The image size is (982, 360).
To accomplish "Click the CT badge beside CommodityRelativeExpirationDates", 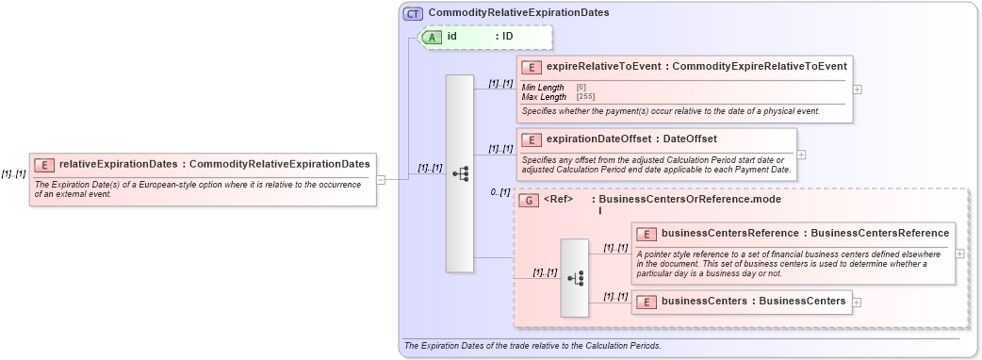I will coord(413,13).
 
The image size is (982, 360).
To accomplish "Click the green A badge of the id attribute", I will coord(432,37).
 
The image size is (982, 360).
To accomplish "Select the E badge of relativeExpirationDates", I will coord(43,165).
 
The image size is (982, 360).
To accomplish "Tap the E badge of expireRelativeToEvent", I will coord(531,66).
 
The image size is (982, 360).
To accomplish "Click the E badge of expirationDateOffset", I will coord(531,139).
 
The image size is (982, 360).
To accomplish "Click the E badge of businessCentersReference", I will coord(646,234).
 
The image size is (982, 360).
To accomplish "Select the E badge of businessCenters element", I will coord(646,302).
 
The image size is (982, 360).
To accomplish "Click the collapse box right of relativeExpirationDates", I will coord(381,178).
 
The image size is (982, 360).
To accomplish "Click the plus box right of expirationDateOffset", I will coord(801,155).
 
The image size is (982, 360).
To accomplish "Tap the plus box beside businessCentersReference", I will coord(959,254).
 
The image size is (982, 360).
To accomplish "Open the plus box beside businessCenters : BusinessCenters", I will coord(856,303).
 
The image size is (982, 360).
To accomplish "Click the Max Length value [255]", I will coord(585,96).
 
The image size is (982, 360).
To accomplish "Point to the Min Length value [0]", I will coord(581,88).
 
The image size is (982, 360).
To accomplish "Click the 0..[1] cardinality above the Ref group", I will coord(499,192).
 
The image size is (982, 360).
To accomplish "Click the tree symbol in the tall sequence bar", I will coord(460,173).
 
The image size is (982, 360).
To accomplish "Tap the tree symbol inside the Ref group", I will coord(575,278).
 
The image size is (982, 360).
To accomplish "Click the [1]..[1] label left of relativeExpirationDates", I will coord(13,173).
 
